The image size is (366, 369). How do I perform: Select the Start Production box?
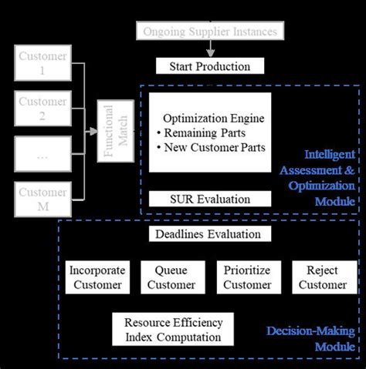point(209,67)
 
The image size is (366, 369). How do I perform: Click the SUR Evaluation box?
point(209,199)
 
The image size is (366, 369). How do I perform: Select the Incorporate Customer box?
point(97,277)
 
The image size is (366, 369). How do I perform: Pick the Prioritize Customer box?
point(247,277)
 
